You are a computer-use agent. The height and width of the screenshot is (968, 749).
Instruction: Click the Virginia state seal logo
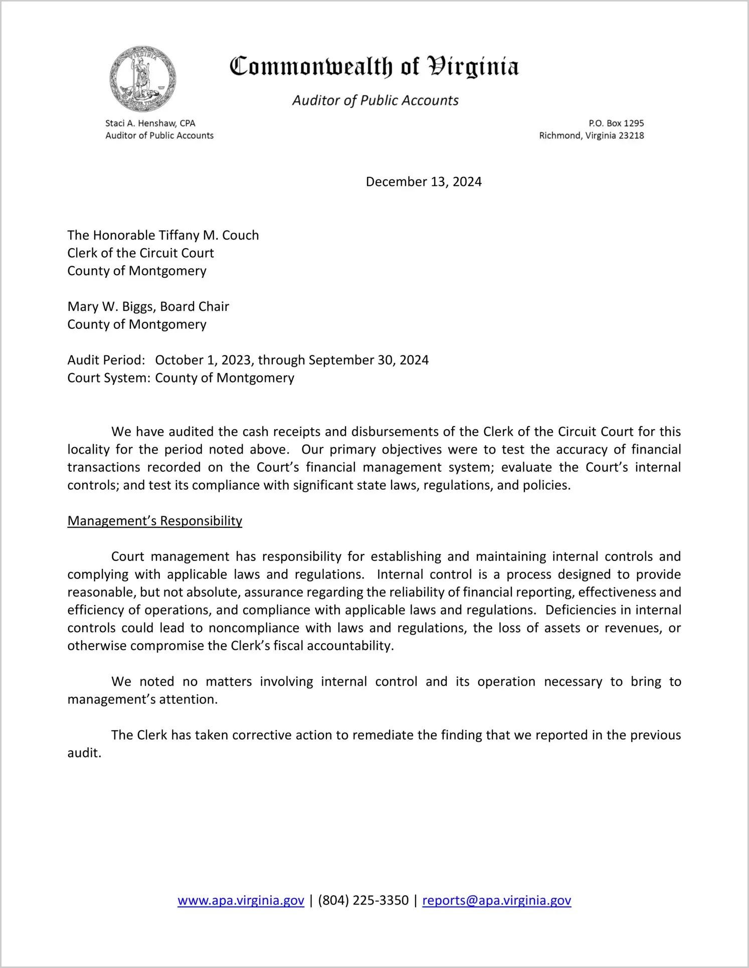pos(143,79)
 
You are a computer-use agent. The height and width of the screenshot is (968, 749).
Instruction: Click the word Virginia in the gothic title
pos(473,67)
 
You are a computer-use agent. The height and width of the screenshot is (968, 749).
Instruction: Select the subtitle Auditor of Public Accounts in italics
pos(375,101)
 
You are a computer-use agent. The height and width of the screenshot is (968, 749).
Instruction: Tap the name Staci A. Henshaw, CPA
pos(150,123)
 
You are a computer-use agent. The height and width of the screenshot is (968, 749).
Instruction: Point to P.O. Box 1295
pos(616,123)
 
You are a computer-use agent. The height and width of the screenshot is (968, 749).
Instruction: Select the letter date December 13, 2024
pos(424,182)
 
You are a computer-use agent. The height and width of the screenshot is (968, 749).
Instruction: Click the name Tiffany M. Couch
pos(209,236)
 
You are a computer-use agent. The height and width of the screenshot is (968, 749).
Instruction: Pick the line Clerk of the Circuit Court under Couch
pos(141,253)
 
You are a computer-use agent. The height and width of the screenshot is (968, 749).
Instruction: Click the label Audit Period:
pos(106,360)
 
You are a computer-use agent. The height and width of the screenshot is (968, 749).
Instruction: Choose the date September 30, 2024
pos(368,360)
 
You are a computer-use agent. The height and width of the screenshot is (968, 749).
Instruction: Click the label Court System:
pos(109,378)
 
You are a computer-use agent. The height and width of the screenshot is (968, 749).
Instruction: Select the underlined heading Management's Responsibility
pos(155,521)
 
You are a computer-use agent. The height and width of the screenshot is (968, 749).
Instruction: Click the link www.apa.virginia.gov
pos(241,901)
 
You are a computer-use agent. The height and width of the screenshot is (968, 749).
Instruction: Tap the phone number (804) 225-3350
pos(363,901)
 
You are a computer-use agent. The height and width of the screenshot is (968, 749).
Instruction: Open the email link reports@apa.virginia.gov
pos(496,901)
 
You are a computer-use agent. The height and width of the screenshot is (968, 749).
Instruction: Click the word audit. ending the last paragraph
pos(84,753)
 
